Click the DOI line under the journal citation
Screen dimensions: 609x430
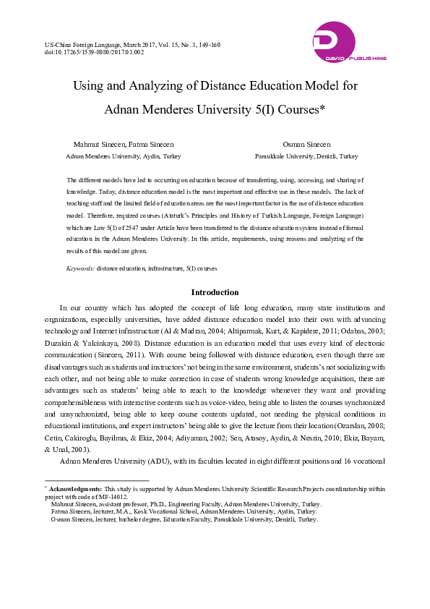(95, 52)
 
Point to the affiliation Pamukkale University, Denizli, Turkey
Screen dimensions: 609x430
(306, 156)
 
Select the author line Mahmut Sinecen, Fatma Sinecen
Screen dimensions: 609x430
(124, 145)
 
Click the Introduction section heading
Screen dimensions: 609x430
(215, 292)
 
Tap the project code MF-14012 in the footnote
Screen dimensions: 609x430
(118, 497)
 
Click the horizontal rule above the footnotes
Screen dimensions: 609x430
(97, 480)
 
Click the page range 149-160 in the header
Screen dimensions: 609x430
(207, 45)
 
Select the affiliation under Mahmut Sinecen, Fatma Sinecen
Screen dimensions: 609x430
(124, 156)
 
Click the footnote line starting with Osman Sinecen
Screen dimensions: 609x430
(184, 519)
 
